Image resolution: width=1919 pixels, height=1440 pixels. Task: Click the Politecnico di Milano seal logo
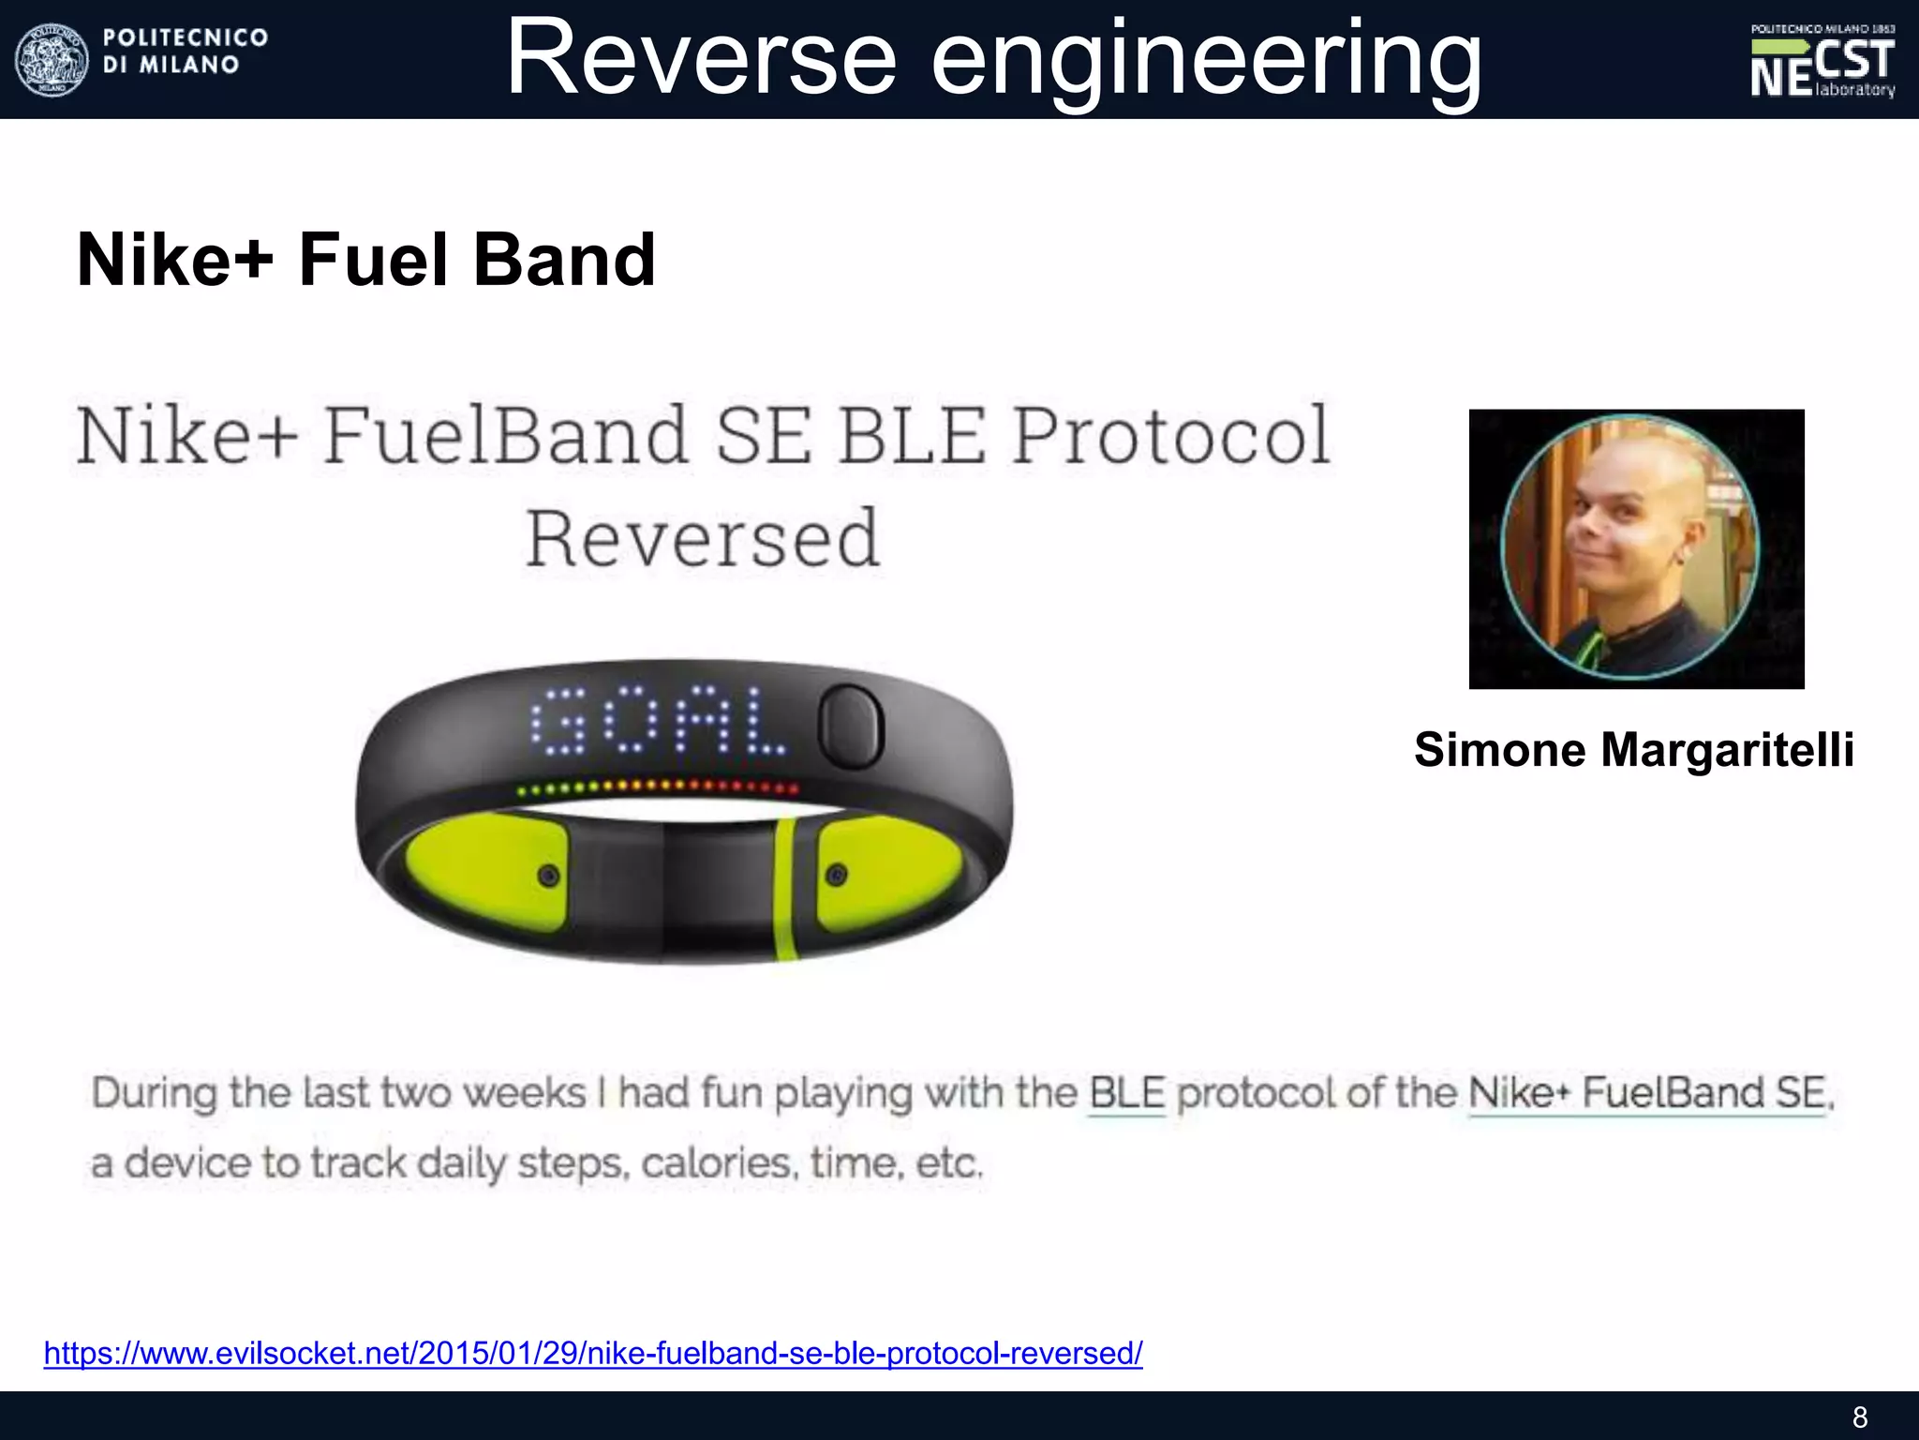tap(52, 58)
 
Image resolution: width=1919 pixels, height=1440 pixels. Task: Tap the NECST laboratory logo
tap(1822, 60)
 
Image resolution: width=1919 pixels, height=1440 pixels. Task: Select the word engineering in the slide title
tap(1206, 62)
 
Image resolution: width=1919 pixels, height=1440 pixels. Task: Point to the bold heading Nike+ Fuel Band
tap(366, 260)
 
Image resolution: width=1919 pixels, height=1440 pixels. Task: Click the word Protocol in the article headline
tap(1171, 436)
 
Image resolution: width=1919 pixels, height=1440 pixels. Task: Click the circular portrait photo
tap(1630, 547)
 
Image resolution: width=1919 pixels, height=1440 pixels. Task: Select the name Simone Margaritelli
tap(1634, 750)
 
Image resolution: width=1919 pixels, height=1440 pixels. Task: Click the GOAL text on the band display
tap(658, 722)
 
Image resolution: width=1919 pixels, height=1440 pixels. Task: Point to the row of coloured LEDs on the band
tap(658, 787)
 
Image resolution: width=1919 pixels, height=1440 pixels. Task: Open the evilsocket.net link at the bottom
tap(593, 1353)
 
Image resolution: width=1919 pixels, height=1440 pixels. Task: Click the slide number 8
tap(1859, 1417)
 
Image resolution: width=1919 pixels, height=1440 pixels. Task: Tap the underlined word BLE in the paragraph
tap(1127, 1094)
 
